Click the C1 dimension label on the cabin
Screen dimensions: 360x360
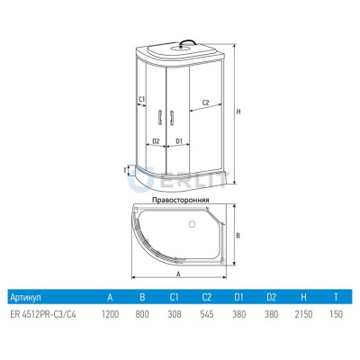pyautogui.click(x=141, y=99)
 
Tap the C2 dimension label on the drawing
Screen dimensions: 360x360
pyautogui.click(x=205, y=103)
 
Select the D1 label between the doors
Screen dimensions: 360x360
pyautogui.click(x=179, y=140)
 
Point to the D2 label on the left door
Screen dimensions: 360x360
pyautogui.click(x=156, y=140)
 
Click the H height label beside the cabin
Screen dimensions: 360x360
pyautogui.click(x=238, y=112)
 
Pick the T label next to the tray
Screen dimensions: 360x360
pyautogui.click(x=124, y=170)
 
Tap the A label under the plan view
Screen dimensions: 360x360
pyautogui.click(x=178, y=274)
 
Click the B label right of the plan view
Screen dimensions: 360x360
pyautogui.click(x=238, y=236)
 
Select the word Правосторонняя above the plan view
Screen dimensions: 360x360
pyautogui.click(x=181, y=200)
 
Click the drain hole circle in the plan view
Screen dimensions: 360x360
pyautogui.click(x=193, y=224)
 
